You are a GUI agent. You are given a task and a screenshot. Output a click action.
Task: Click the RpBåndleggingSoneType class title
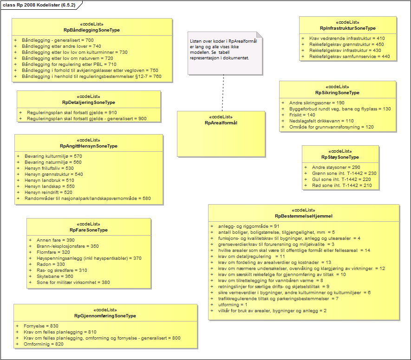tap(91, 30)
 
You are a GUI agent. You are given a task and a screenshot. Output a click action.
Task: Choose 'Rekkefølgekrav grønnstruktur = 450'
tap(347, 44)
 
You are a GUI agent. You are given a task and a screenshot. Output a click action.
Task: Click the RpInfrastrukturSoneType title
tap(347, 28)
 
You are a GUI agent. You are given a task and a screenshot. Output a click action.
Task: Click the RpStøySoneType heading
tap(340, 157)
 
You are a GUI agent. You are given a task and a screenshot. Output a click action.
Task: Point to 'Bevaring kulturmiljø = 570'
tap(53, 156)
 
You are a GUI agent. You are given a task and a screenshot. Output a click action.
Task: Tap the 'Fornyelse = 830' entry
tap(41, 326)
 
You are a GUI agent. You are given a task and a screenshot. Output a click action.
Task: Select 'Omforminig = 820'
tap(43, 344)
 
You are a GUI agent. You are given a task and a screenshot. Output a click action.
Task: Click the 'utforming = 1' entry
tap(233, 304)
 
